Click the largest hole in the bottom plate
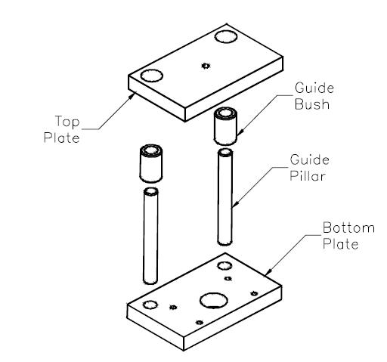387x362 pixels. [x=212, y=301]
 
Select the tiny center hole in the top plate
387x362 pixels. [x=205, y=67]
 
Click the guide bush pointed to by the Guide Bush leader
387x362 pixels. [x=224, y=126]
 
